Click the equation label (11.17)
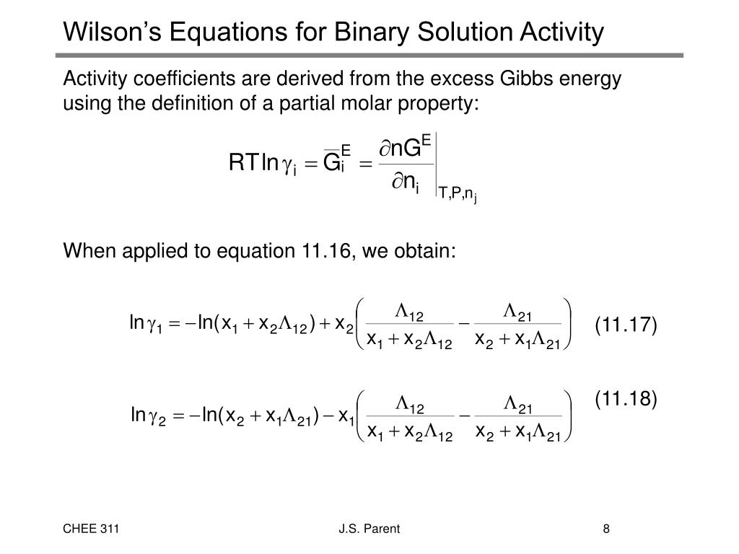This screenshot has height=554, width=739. tap(626, 325)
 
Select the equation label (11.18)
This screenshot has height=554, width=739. tap(626, 398)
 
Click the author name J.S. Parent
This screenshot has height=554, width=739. tap(369, 530)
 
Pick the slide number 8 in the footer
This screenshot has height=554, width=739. tap(607, 530)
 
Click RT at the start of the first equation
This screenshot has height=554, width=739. tap(243, 164)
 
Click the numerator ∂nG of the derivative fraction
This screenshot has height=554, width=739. tap(406, 149)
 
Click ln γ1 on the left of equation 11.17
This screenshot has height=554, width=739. tap(147, 325)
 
